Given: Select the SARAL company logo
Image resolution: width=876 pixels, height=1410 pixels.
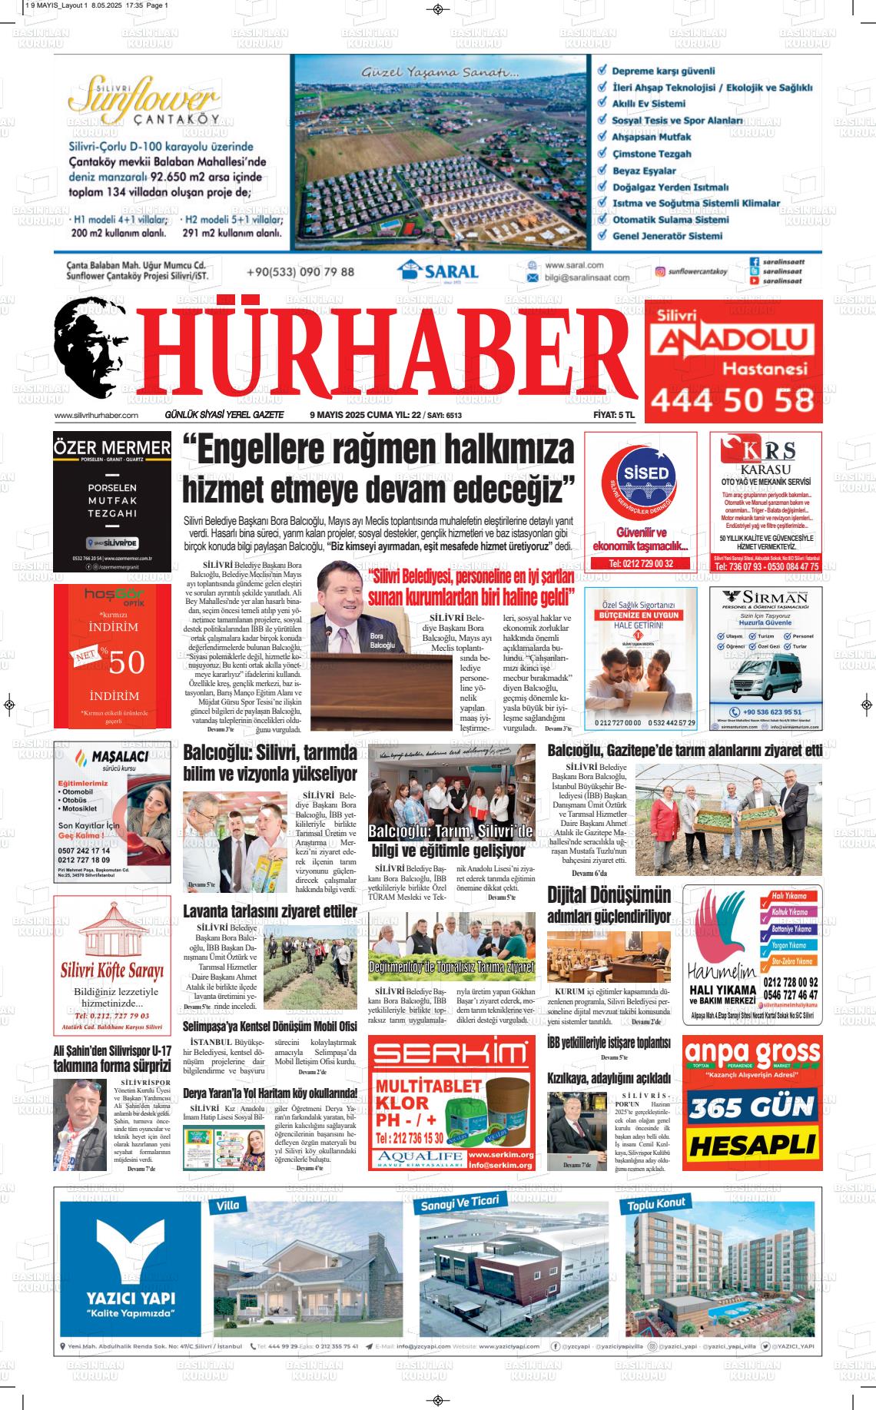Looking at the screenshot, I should coord(438,272).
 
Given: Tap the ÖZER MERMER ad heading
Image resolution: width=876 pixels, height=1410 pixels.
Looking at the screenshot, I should coord(112,447).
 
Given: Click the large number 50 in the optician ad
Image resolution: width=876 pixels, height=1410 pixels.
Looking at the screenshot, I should coord(127,662).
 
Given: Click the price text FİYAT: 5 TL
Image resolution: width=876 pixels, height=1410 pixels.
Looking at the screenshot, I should coord(614,415).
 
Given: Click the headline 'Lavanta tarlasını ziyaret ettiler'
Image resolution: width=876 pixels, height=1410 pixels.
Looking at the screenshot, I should coord(270,911).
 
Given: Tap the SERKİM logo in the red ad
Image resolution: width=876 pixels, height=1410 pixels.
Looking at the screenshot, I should coord(451,1055).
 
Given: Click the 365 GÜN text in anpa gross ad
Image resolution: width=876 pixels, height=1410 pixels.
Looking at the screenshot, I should coord(751,1107).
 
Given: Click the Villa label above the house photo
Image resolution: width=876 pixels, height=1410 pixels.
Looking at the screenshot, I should coord(228,1206).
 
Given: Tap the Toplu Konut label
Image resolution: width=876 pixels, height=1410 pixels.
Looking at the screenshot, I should coord(656,1204).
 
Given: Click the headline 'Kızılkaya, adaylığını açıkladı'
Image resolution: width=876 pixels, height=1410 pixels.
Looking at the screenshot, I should coord(608,1078).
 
